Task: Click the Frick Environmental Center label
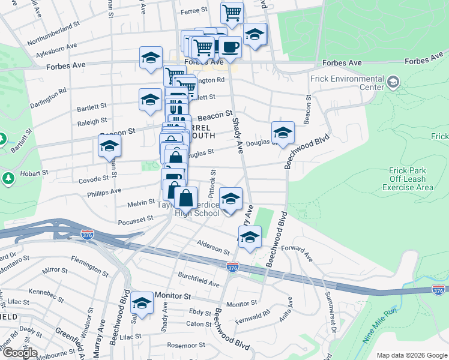pos(347,83)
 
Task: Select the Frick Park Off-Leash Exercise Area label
pos(408,179)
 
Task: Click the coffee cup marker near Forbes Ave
pos(229,46)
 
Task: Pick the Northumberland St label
pos(53,34)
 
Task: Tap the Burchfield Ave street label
pos(198,278)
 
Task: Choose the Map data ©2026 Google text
pos(411,355)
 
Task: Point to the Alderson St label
pos(214,246)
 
